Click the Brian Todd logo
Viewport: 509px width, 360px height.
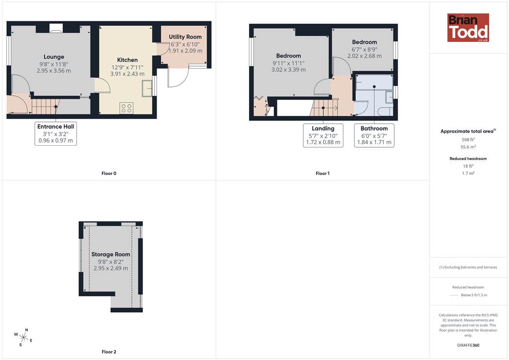pos(468,27)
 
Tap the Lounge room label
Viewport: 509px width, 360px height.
pos(54,57)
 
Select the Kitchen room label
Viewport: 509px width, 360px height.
pos(127,60)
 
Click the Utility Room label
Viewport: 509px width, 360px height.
pos(185,37)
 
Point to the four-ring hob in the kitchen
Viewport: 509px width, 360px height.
pos(126,108)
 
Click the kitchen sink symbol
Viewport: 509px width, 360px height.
pos(147,89)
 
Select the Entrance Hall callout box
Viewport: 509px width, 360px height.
pos(56,133)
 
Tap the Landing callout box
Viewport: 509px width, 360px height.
pos(323,135)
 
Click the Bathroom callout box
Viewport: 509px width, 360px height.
pos(374,135)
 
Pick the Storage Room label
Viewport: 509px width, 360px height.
pos(111,255)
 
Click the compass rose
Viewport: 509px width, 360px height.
pos(23,338)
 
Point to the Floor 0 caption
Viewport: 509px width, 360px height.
pos(109,174)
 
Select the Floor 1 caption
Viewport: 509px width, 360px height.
pos(323,174)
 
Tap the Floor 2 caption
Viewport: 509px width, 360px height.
pos(109,352)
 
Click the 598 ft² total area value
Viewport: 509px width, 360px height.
pos(468,140)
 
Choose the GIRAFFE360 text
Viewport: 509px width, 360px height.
pos(468,345)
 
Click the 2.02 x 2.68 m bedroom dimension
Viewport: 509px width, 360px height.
pos(364,56)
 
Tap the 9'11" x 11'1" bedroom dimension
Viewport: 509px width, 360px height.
pos(289,63)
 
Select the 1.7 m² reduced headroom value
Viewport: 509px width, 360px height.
pos(468,174)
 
